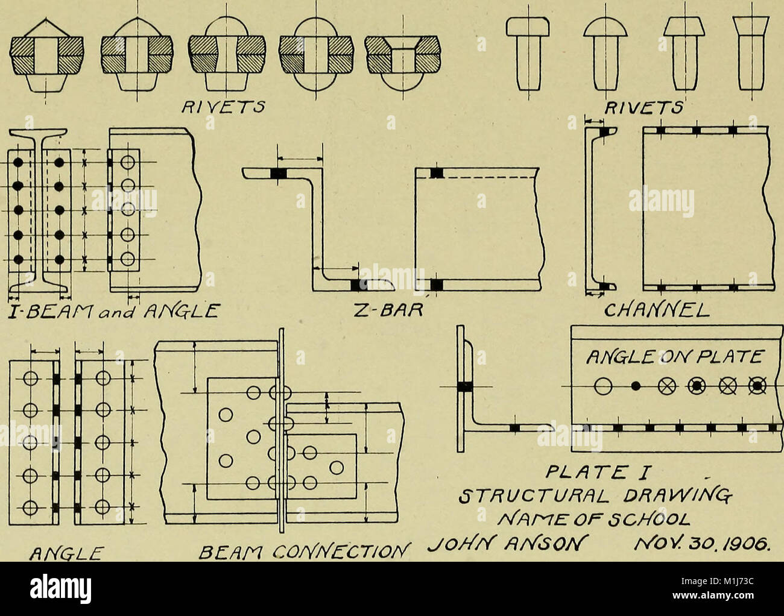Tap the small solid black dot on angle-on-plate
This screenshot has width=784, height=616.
(634, 385)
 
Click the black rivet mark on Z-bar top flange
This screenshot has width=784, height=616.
(279, 174)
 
